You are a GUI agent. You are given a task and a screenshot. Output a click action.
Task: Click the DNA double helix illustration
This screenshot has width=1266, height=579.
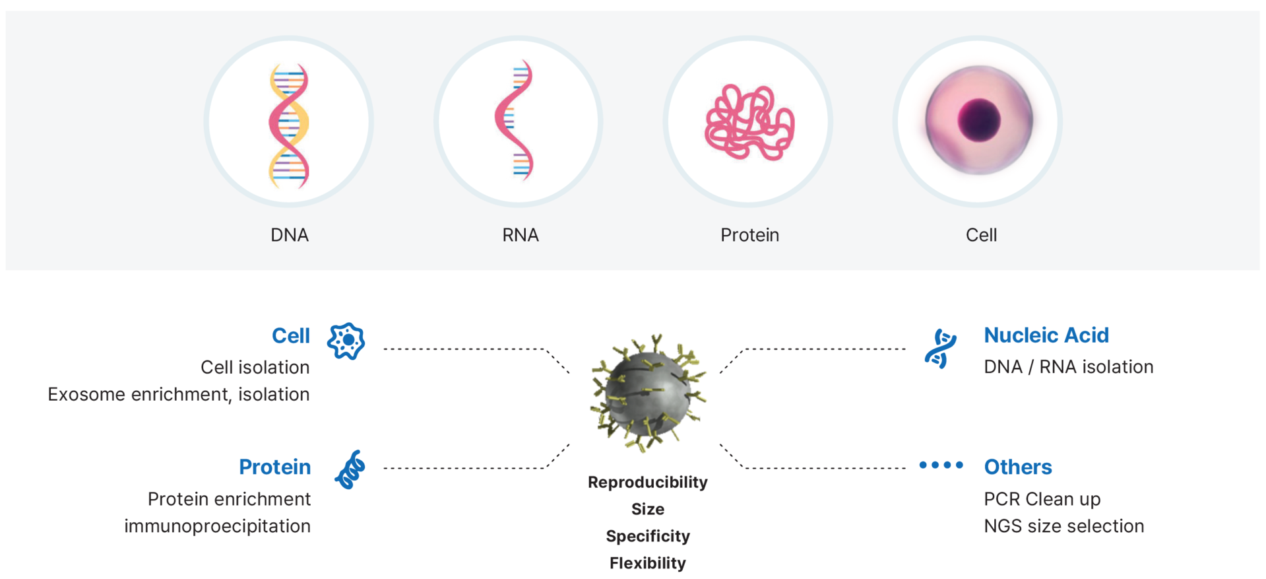(x=288, y=125)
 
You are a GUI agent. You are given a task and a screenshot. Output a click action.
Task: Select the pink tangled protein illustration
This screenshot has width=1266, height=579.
(x=749, y=122)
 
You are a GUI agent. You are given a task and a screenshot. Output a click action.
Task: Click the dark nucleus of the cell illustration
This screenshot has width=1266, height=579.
(x=979, y=120)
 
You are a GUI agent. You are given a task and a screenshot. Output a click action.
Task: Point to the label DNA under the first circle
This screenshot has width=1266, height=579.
(x=290, y=235)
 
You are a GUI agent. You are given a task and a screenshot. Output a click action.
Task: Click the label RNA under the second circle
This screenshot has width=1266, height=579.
(x=521, y=235)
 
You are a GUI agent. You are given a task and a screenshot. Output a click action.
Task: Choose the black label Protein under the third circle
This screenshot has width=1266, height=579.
(x=749, y=235)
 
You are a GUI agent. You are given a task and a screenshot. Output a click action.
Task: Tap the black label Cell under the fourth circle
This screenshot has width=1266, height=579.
(x=981, y=235)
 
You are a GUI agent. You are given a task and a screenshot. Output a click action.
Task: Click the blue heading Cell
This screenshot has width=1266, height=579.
(x=291, y=335)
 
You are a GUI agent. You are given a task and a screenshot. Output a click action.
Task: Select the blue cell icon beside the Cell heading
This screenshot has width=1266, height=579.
(x=346, y=341)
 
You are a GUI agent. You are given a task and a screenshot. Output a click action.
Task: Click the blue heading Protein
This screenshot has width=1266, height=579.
(x=274, y=467)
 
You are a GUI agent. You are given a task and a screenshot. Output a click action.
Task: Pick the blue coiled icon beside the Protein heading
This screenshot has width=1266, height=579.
(x=350, y=469)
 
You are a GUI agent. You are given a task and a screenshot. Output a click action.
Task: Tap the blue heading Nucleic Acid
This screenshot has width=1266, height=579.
(x=1046, y=335)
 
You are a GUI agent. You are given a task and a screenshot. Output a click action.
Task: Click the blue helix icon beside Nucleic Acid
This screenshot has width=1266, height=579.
(x=941, y=349)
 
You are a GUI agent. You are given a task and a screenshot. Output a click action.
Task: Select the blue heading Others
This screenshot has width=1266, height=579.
(x=1018, y=467)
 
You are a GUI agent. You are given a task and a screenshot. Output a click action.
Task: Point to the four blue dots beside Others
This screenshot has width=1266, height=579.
(x=941, y=465)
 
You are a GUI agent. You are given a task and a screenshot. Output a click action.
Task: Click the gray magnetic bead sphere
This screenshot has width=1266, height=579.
(x=648, y=393)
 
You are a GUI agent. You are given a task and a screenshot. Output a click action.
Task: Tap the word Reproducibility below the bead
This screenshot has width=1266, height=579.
(x=648, y=482)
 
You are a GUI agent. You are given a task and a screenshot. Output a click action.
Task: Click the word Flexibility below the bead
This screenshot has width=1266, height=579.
(x=648, y=563)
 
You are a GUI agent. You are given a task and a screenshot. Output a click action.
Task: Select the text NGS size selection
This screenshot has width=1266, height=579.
(x=1063, y=526)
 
